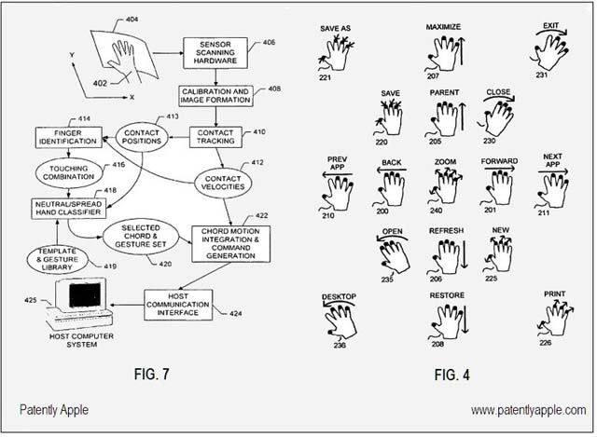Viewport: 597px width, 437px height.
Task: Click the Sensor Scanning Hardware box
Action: point(215,53)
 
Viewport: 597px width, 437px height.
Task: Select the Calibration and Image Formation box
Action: point(215,96)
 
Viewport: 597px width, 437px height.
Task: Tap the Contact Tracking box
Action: point(215,137)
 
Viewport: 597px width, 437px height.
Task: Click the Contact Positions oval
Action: point(142,137)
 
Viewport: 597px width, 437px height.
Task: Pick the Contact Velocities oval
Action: point(223,183)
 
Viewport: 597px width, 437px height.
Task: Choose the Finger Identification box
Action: point(68,137)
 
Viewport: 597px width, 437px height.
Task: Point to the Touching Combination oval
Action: point(68,172)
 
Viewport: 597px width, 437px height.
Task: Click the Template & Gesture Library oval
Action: point(57,259)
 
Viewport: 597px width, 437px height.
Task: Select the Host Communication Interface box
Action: point(178,305)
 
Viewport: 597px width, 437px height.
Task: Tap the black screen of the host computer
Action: point(85,295)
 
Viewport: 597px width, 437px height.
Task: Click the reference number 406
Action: point(269,42)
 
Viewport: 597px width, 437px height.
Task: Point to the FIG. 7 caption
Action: point(151,374)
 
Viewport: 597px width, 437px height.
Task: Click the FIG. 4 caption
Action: point(451,375)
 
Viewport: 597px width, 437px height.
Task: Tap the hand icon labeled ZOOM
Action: point(445,186)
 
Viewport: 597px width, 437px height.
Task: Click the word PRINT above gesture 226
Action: point(554,294)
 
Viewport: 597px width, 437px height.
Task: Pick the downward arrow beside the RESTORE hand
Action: point(465,320)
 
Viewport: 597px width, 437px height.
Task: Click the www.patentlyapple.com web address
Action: point(529,410)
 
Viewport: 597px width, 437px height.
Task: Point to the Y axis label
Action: point(72,55)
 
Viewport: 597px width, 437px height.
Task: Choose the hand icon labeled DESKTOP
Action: point(340,320)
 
